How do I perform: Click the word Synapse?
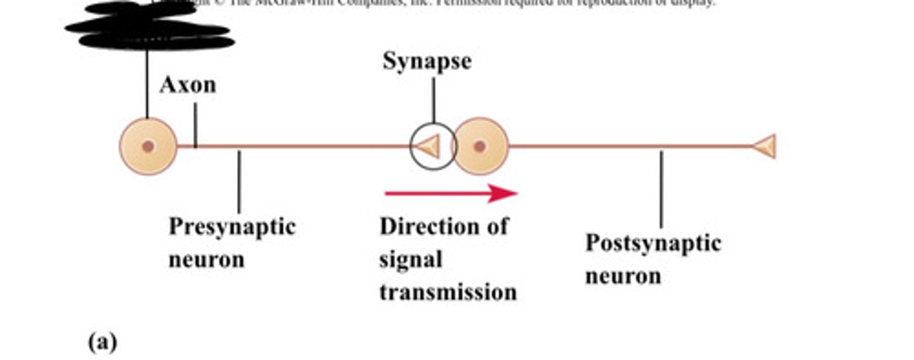point(427,62)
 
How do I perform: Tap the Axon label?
point(188,85)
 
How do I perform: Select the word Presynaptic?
point(232,227)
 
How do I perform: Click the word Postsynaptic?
point(652,243)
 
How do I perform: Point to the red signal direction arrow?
point(451,193)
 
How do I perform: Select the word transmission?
point(448,292)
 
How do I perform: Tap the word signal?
point(411,260)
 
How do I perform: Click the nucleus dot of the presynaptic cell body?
point(149,147)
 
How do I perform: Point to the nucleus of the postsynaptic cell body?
point(480,147)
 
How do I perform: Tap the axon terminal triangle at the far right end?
point(765,147)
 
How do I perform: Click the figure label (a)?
point(102,342)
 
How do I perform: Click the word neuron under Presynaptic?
point(206,260)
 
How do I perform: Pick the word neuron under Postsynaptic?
point(623,276)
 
